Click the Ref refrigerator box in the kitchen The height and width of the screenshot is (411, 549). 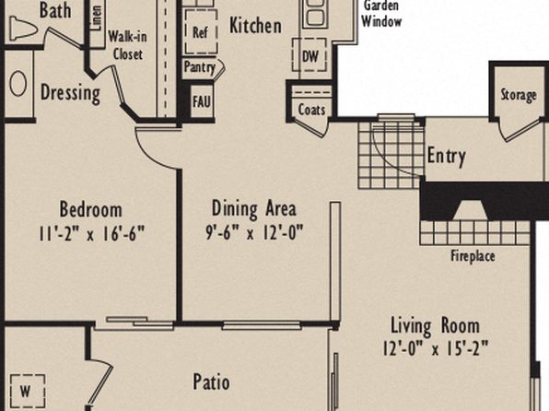tap(201, 32)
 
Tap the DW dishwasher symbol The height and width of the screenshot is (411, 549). tap(310, 55)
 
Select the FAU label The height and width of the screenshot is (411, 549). tap(202, 101)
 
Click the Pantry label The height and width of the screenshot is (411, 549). tap(200, 67)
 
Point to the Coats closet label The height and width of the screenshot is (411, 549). tap(311, 110)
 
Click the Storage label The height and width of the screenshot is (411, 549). tap(519, 95)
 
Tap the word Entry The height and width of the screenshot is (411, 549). tap(447, 156)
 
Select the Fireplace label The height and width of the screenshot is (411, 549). tap(473, 256)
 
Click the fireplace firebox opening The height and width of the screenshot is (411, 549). tap(470, 211)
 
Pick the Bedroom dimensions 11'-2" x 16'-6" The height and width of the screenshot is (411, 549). tap(91, 233)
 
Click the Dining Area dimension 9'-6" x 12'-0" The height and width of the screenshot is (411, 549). tap(254, 232)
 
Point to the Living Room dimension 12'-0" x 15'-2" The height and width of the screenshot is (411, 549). tap(435, 348)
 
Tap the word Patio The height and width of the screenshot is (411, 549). tap(212, 382)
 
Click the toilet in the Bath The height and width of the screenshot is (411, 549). tap(23, 28)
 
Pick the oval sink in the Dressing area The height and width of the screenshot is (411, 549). tap(18, 84)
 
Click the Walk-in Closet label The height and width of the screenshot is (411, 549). tap(127, 45)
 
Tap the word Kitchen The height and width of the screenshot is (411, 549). tap(255, 26)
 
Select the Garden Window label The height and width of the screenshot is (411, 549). tap(381, 14)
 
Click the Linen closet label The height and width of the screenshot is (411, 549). tap(97, 18)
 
